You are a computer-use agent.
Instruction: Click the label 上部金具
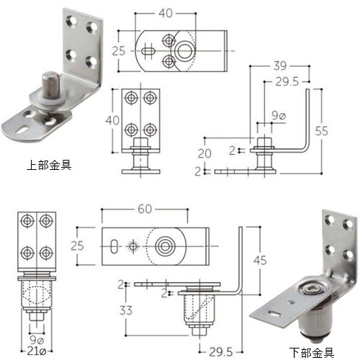point(49,166)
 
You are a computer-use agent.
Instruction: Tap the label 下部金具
point(311,352)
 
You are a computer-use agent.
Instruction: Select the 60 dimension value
point(145,209)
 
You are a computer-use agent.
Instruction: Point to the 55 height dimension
point(321,131)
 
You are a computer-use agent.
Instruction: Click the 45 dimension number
point(260,261)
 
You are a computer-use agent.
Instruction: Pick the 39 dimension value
point(279,66)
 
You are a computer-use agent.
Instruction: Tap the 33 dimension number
point(126,310)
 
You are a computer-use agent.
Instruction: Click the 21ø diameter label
point(37,351)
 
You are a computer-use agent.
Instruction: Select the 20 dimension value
point(204,153)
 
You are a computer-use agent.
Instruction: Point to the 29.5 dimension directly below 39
point(287,82)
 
